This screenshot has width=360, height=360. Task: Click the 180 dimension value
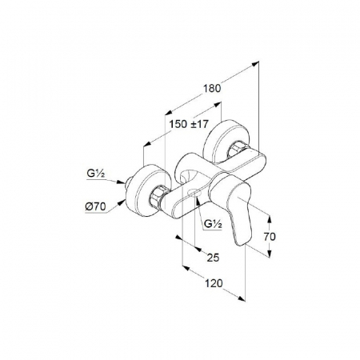[x=213, y=88]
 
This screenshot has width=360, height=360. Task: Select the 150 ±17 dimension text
[x=189, y=124]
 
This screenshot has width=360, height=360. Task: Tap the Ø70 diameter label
[x=96, y=206]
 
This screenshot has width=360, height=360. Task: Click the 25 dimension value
[x=213, y=258]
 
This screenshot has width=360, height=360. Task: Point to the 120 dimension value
[x=214, y=283]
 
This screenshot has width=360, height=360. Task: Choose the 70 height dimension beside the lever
[x=270, y=237]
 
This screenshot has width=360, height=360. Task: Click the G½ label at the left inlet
[x=95, y=174]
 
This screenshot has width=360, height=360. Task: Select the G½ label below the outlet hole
[x=213, y=224]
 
